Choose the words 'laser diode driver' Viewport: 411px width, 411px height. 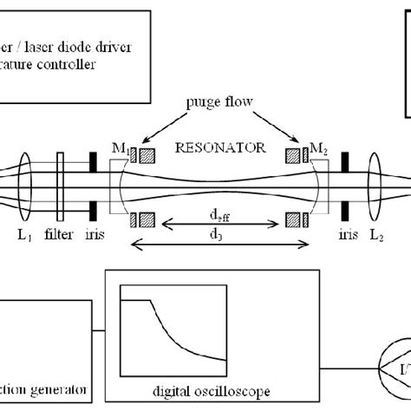[x=87, y=47]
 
